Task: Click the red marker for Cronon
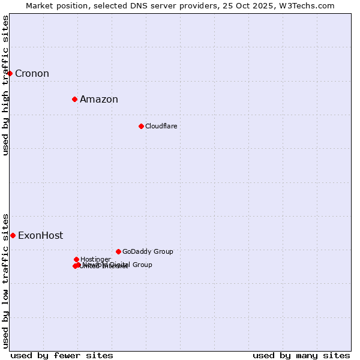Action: coord(10,73)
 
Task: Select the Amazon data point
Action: coord(74,99)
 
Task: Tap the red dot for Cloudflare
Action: coord(141,126)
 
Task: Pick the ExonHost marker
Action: coord(13,235)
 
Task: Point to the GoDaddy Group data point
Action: coord(118,251)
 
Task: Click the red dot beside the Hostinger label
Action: coord(76,259)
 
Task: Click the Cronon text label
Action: coord(32,74)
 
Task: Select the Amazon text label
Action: coord(99,100)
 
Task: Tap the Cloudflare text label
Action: coord(161,126)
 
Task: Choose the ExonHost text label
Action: coord(40,236)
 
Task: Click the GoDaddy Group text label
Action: coord(148,251)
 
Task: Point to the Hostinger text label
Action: coord(95,259)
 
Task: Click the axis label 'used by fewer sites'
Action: coord(62,355)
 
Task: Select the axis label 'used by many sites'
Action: coord(301,355)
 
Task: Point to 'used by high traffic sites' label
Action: coord(5,85)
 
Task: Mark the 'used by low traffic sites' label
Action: coord(5,280)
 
